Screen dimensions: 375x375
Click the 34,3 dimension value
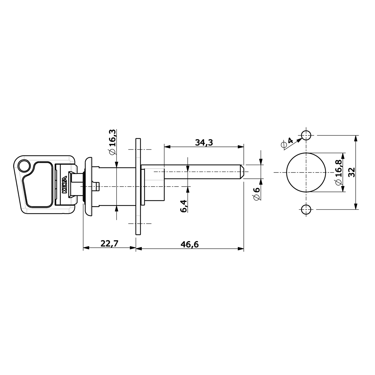[x=204, y=143]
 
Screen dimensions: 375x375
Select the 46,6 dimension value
[x=190, y=244]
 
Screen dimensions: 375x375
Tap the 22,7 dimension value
[x=110, y=243]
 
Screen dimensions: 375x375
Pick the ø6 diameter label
[x=257, y=194]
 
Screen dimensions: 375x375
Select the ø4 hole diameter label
[x=287, y=143]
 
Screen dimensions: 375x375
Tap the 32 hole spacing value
[x=352, y=172]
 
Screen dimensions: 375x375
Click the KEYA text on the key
[x=64, y=184]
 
